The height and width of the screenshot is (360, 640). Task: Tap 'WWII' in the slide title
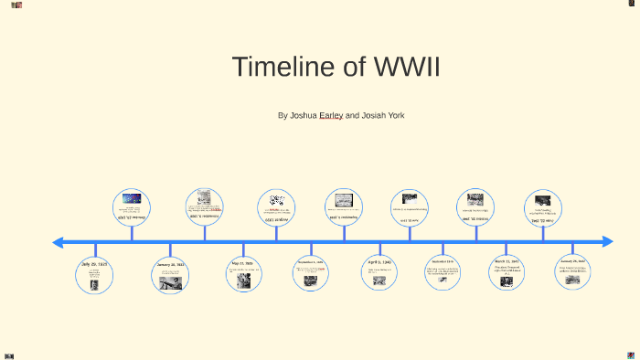407,67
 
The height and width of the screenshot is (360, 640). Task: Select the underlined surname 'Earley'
331,116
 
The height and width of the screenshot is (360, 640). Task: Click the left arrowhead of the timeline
58,242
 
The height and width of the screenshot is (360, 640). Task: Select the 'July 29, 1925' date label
94,264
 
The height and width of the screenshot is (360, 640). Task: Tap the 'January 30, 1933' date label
171,265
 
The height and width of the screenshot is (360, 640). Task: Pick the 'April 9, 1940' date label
379,262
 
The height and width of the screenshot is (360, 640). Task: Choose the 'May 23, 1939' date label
243,263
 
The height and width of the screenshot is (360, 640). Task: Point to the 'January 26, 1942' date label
572,261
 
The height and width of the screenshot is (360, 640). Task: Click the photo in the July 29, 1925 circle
94,284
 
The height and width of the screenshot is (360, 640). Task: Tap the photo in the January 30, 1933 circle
171,283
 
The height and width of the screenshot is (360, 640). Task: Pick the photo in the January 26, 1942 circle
572,280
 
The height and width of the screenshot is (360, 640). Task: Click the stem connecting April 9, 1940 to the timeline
379,249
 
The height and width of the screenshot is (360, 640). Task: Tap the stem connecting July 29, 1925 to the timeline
95,250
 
